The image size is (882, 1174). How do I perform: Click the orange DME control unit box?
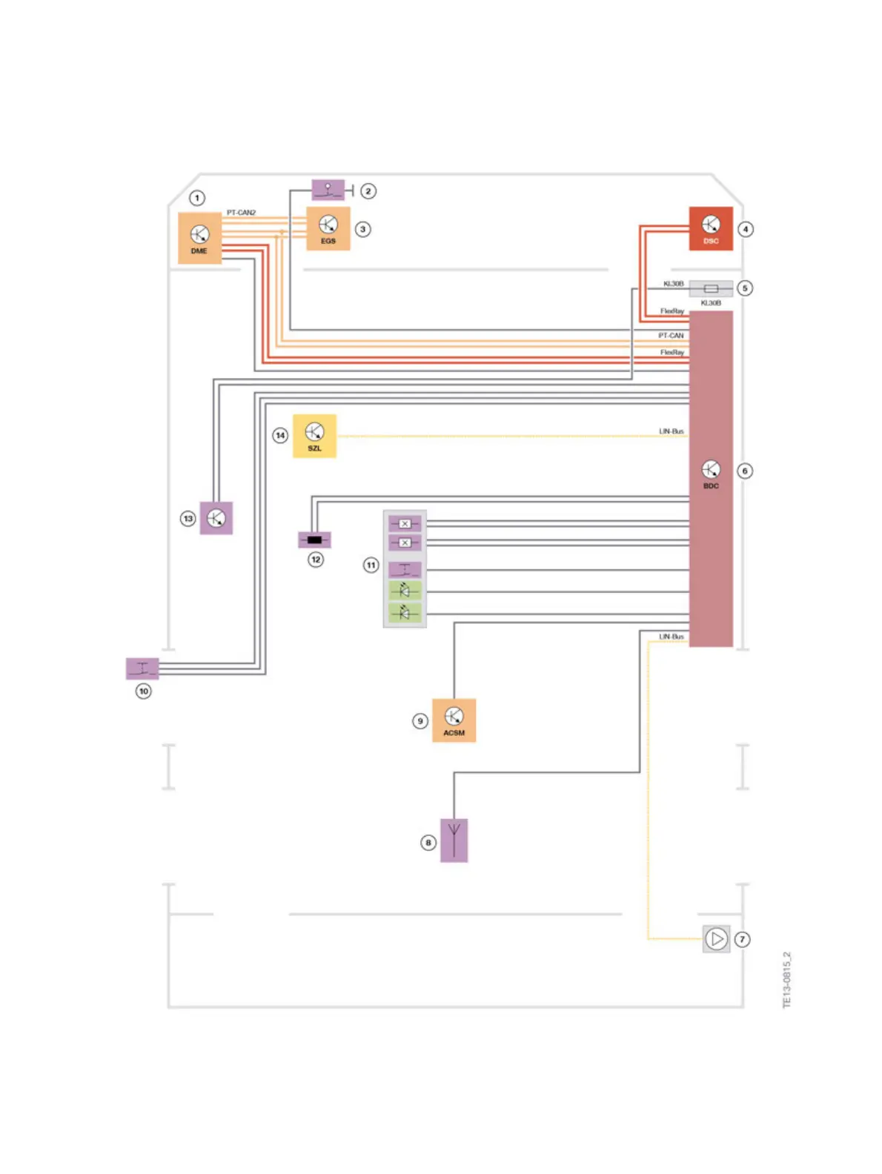[199, 238]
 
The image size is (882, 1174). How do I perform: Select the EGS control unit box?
[328, 228]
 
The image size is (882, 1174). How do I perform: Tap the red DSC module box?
[711, 228]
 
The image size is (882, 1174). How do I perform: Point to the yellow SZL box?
[314, 436]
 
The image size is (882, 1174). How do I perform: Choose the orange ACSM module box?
[454, 720]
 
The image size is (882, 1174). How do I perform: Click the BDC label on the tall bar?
[711, 486]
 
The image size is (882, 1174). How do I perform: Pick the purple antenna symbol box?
[454, 840]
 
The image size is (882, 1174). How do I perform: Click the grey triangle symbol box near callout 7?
[716, 939]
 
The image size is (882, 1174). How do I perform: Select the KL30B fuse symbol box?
[711, 288]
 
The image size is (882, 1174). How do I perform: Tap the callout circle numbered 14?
[280, 435]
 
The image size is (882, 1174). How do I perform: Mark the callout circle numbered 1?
[196, 198]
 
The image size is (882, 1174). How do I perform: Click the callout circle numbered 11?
[371, 565]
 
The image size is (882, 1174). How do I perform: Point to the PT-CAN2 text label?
[241, 213]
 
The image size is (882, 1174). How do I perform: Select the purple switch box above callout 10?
[142, 668]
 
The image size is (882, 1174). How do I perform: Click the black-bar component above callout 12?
[314, 540]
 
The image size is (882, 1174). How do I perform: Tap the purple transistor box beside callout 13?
[216, 517]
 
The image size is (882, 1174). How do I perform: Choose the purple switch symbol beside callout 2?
[328, 190]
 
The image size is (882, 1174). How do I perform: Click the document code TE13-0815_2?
[787, 979]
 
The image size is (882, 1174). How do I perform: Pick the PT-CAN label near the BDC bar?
[671, 336]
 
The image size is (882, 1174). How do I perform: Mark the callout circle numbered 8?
[428, 842]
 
